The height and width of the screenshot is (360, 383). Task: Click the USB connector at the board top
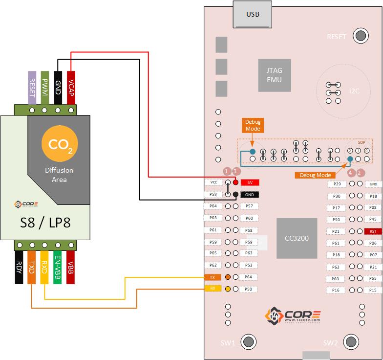pos(253,15)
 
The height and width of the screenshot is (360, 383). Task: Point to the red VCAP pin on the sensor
pos(71,88)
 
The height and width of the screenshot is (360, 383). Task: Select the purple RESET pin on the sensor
pos(32,88)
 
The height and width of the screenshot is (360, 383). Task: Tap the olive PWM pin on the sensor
pos(45,88)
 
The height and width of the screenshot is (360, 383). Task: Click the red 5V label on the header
pos(250,182)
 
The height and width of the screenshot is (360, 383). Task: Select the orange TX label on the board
pos(213,277)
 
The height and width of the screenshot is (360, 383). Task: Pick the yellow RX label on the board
pos(213,289)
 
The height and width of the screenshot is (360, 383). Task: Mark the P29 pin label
pos(337,184)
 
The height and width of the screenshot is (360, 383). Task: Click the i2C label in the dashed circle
pos(354,91)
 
